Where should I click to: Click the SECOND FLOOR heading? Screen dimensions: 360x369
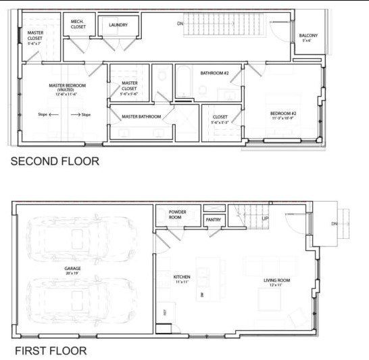(x=54, y=162)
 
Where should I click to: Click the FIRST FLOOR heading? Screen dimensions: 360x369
(x=51, y=351)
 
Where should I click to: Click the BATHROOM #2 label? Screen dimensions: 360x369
(x=214, y=72)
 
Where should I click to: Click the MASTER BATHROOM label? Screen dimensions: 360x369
(x=141, y=116)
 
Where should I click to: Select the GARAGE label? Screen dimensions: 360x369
(x=73, y=269)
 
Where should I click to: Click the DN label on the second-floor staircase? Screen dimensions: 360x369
(x=180, y=23)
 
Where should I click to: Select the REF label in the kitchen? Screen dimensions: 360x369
(x=164, y=312)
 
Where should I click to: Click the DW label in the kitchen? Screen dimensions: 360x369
(x=202, y=295)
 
